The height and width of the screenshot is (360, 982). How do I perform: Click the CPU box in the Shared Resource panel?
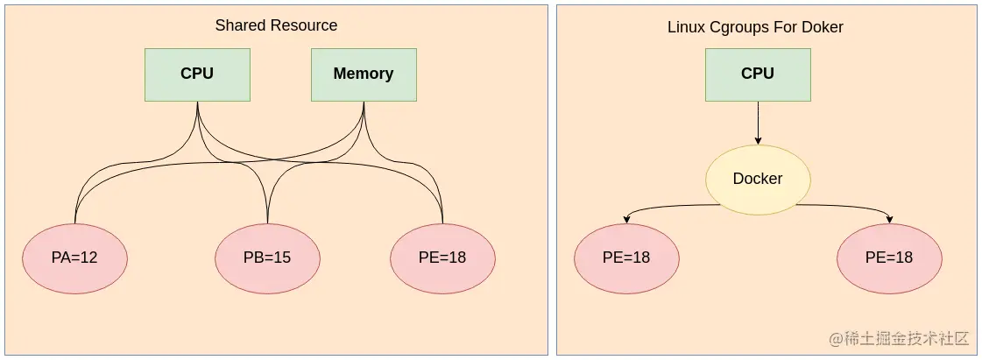[197, 74]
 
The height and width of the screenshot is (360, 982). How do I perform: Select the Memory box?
[364, 74]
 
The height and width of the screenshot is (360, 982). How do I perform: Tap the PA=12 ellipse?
[74, 258]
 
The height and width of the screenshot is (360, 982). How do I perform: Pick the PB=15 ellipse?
[267, 258]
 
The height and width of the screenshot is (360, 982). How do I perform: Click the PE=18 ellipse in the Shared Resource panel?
[442, 258]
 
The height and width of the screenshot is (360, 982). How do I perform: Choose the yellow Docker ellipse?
[758, 180]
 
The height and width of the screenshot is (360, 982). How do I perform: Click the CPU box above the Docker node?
[758, 74]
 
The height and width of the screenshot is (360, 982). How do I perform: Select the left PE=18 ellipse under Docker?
[626, 258]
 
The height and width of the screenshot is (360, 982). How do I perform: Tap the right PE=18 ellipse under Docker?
[889, 258]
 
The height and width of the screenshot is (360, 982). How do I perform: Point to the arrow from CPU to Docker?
[758, 123]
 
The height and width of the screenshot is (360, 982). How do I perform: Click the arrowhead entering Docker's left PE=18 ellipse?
[626, 220]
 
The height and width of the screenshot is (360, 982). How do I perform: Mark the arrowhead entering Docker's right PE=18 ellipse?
[889, 220]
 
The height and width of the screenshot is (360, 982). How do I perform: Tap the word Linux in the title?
[686, 27]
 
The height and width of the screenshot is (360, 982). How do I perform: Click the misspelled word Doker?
[823, 27]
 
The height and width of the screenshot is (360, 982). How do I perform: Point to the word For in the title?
[786, 27]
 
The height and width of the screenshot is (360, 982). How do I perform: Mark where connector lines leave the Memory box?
[364, 103]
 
